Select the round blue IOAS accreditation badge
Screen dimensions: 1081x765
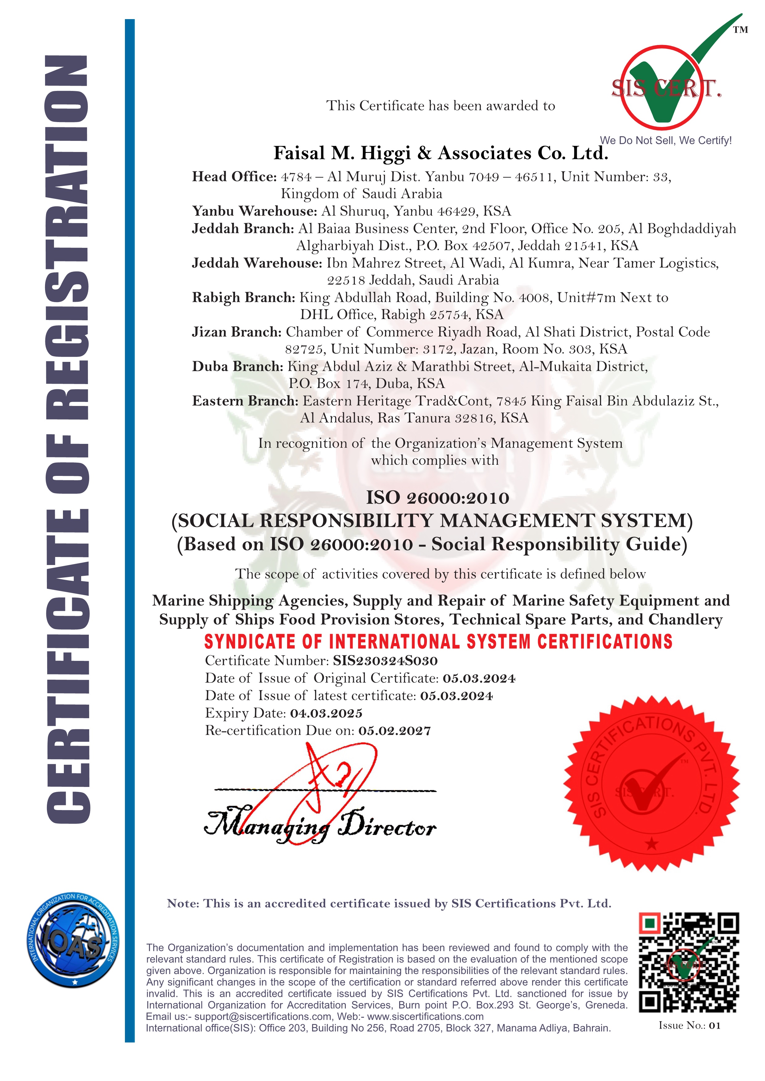pos(73,940)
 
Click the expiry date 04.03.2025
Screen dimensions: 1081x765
pos(326,713)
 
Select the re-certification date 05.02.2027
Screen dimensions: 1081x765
pos(394,731)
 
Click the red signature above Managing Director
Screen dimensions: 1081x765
pos(325,782)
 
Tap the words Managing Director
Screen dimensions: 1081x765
pos(320,828)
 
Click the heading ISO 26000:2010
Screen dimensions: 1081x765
pos(438,498)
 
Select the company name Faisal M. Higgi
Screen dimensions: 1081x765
pos(440,153)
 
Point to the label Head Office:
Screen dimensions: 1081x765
pos(234,177)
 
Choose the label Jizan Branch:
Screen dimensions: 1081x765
pos(237,332)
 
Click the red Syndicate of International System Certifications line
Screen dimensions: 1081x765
pos(438,642)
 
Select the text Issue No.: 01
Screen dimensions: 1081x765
pos(689,1026)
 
